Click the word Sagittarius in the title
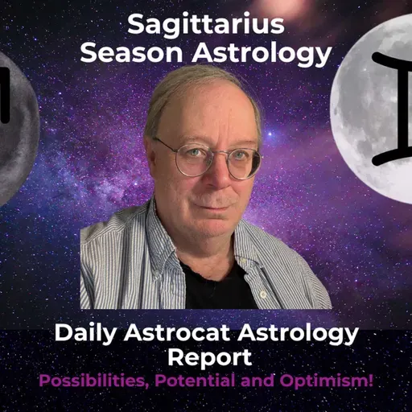point(205,26)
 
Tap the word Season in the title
point(127,53)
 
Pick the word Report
point(205,356)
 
